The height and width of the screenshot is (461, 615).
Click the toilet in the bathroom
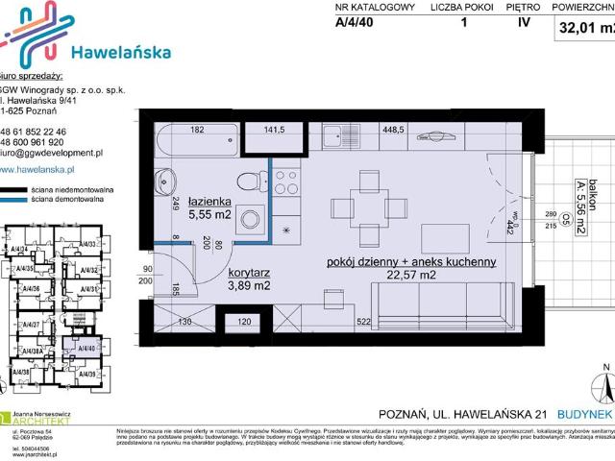pos(251,180)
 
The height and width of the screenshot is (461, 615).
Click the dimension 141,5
pos(275,129)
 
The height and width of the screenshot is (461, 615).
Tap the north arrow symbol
pos(604,386)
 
